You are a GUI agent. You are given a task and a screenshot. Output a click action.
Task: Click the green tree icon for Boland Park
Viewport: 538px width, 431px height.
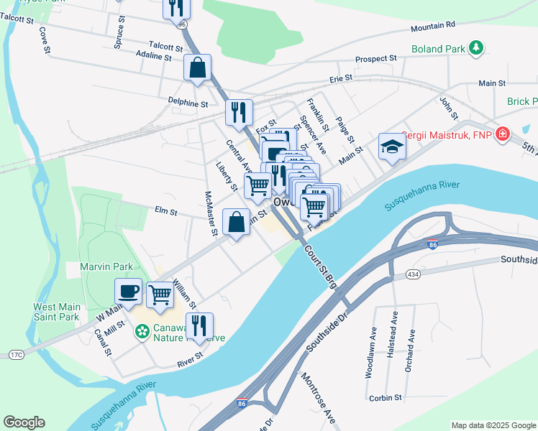[x=475, y=48]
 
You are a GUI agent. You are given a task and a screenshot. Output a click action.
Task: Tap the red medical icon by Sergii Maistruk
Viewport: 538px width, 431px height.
[x=501, y=134]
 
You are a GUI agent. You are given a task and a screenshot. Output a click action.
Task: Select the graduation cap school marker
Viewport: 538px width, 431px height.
[x=392, y=146]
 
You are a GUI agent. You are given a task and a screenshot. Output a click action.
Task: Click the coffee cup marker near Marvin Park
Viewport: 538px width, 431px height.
[x=129, y=291]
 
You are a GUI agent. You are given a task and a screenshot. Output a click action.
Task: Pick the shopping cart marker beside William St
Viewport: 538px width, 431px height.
[x=160, y=293]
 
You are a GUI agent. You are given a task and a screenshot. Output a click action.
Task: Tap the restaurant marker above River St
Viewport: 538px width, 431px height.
[x=199, y=325]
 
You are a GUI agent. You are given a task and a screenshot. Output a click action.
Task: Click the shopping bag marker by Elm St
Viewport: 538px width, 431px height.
[x=236, y=221]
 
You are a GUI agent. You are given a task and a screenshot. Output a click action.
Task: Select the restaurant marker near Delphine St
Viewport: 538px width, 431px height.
[x=239, y=112]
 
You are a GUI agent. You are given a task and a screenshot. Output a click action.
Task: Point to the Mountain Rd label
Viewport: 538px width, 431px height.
[x=433, y=26]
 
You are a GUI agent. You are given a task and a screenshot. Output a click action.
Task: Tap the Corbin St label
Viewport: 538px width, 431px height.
[x=385, y=397]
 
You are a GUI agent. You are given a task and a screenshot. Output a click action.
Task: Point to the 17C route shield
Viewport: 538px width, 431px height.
[x=16, y=353]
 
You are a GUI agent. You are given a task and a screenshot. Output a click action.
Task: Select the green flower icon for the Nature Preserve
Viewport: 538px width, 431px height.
[x=142, y=332]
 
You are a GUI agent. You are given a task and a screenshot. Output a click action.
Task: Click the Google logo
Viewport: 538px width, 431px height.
[x=24, y=422]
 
